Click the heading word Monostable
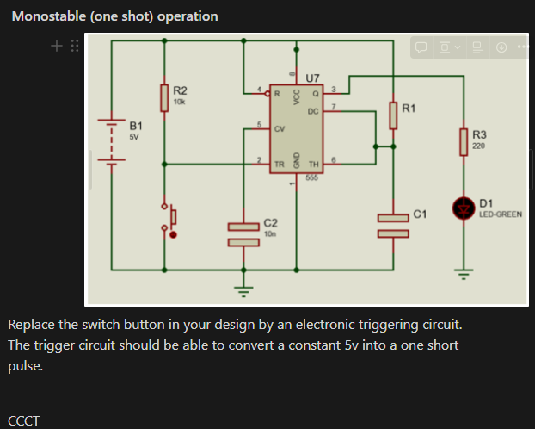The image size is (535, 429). pos(49,16)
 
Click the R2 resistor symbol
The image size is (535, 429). pos(164,97)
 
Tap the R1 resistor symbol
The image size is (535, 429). pos(393,115)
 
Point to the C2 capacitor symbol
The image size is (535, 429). pos(243,233)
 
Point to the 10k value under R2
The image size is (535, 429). pos(179,102)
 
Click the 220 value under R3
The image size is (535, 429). pos(478,146)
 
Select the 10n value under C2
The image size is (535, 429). pos(269,233)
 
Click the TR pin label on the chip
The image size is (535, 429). pos(279,163)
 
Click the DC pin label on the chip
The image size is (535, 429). pos(312,111)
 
